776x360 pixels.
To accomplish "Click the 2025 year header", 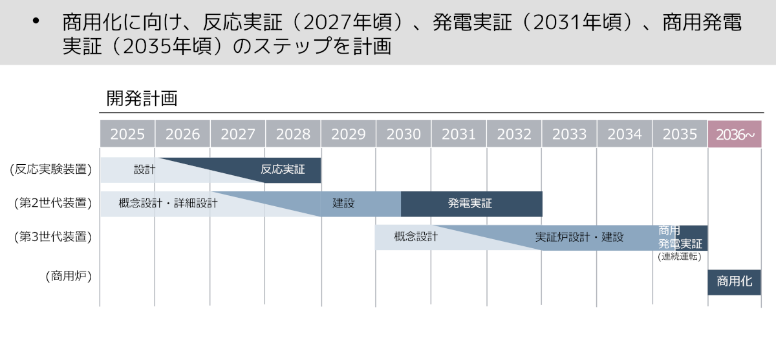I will coord(127,134).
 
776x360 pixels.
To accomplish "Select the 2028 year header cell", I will coord(293,134).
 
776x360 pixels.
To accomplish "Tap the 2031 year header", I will coord(458,134).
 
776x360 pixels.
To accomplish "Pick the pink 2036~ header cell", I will coord(736,134).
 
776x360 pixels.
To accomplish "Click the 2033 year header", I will coord(569,134).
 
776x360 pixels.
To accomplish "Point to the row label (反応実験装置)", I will coord(50,170).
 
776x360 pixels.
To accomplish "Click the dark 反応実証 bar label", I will coord(283,170).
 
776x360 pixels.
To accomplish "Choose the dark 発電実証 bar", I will coord(471,204).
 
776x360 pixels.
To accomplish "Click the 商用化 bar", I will coord(735,282).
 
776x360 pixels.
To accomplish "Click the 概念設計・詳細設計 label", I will coord(168,204).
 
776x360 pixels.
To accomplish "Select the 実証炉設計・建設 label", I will coord(579,237).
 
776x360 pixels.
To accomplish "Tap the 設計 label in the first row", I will coord(145,170).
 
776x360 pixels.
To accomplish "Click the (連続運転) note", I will coord(680,257).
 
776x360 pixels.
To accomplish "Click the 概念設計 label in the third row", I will coord(416,237).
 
